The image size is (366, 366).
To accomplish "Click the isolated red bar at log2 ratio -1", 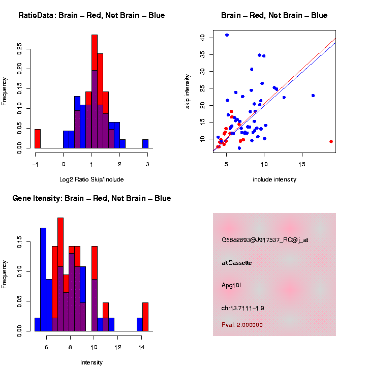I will tap(37, 138).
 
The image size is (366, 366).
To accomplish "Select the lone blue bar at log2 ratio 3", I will tap(145, 144).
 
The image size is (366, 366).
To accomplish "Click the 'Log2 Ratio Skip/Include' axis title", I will tap(91, 179).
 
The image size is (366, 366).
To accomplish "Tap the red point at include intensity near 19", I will tap(331, 141).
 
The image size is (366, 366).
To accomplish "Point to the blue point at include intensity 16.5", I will tap(313, 96).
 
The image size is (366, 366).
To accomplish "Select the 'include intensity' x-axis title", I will tap(274, 179).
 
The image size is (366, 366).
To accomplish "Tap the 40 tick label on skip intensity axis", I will tap(202, 38).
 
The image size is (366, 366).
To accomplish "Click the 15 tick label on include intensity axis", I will tap(301, 165).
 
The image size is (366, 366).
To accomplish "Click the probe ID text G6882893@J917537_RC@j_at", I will tap(265, 240).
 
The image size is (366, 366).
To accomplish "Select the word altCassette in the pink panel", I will tap(237, 263).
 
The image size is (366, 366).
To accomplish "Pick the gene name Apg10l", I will tap(231, 285).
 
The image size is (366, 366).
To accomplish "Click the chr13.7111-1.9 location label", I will tap(243, 308).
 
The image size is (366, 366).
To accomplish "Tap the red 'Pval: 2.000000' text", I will tap(242, 324).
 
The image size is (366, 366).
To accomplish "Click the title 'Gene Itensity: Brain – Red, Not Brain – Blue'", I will tap(91, 198).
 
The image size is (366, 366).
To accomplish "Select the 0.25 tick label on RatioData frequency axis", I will tap(20, 48).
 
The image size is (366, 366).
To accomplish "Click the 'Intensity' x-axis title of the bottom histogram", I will tap(91, 362).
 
